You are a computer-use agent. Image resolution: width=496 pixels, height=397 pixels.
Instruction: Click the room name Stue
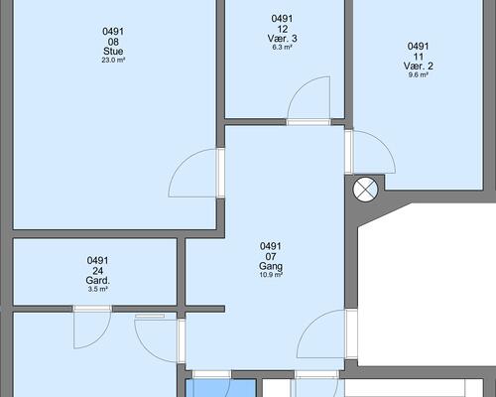coord(113,52)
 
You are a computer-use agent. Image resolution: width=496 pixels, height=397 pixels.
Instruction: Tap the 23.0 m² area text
coord(113,61)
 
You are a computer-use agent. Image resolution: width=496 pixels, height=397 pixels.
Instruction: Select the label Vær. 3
coord(282,39)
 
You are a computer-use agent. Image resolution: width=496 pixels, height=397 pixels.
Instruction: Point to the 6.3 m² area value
coord(282,47)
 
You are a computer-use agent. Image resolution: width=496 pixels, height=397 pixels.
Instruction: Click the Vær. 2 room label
coord(419,66)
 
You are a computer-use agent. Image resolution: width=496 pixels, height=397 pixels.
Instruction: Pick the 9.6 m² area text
coord(419,74)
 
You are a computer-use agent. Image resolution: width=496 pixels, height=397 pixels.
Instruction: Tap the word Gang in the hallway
coord(271,266)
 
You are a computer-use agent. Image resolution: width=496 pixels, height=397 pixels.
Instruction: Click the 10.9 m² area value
coord(271,275)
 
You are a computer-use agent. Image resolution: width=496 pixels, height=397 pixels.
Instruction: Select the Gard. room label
coord(98,281)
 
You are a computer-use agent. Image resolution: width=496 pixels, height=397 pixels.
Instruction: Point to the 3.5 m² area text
coord(98,289)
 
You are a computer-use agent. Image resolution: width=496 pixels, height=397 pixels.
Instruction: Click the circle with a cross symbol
coord(365,191)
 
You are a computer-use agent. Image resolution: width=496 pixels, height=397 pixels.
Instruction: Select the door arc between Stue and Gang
coord(182,162)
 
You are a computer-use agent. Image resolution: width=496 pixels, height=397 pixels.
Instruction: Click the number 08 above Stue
coord(113,42)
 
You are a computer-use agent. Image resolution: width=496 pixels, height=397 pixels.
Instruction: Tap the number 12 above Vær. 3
coord(282,29)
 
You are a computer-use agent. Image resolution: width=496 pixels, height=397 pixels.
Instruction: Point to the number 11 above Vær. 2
coord(419,57)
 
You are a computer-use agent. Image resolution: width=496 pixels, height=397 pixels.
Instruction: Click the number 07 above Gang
coord(271,256)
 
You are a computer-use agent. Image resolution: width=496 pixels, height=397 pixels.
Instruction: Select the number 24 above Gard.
coord(98,271)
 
